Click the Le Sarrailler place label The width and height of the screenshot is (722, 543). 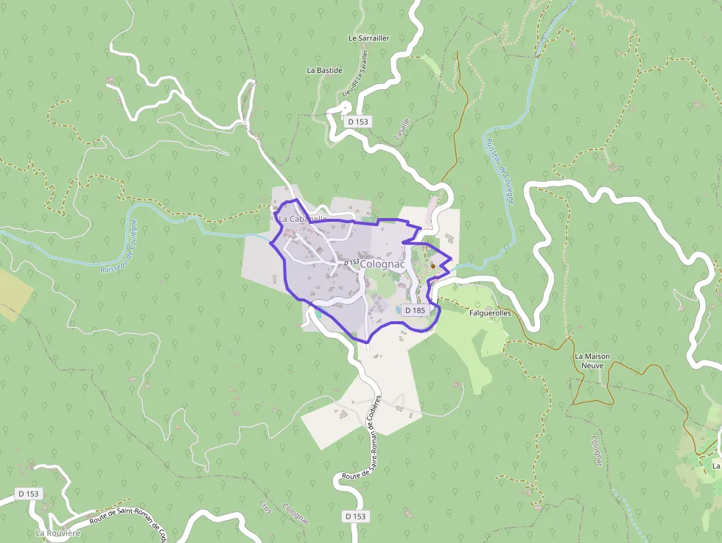pos(368,38)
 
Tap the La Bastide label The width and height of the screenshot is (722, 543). pos(324,70)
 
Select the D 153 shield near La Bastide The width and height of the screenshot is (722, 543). pos(357,122)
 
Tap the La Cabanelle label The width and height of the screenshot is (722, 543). pos(302,219)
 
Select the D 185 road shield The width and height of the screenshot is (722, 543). pos(415,310)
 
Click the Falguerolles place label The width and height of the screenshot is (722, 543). pos(490,313)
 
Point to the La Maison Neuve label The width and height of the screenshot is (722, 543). pos(592,360)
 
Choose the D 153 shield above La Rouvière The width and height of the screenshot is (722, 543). pos(29,493)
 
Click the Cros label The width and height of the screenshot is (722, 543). pos(265,508)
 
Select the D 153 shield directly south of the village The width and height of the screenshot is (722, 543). pos(355,516)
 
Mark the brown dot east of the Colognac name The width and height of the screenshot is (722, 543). pos(433,266)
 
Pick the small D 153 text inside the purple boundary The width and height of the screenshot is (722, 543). pos(351,262)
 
